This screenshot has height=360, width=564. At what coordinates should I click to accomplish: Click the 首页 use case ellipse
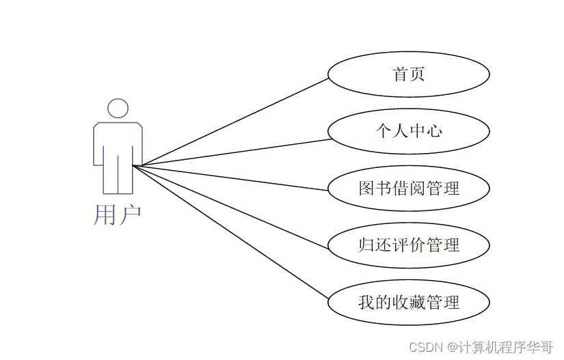[x=408, y=74]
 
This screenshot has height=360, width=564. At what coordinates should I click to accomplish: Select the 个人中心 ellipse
[x=408, y=131]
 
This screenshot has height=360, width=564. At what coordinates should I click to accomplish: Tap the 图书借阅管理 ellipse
[x=408, y=188]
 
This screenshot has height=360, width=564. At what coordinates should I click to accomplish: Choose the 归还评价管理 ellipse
[x=408, y=245]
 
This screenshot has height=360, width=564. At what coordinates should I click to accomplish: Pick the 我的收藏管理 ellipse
[x=408, y=301]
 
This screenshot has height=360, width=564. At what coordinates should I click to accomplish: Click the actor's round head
[x=118, y=108]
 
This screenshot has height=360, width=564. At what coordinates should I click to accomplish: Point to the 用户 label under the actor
[x=117, y=214]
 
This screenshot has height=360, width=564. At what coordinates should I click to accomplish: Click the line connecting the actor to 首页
[x=232, y=122]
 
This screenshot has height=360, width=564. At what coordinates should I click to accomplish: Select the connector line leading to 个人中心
[x=232, y=152]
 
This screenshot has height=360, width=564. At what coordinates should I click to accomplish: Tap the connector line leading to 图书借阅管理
[x=232, y=177]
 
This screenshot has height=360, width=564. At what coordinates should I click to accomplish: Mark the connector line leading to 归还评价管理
[x=232, y=205]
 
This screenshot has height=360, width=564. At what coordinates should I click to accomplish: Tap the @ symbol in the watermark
[x=452, y=347]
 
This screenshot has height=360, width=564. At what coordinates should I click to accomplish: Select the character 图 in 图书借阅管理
[x=367, y=188]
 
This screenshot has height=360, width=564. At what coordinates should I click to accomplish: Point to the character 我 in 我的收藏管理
[x=367, y=301]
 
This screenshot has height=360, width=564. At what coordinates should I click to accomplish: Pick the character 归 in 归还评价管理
[x=367, y=245]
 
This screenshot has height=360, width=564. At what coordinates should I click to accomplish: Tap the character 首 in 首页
[x=400, y=74]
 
